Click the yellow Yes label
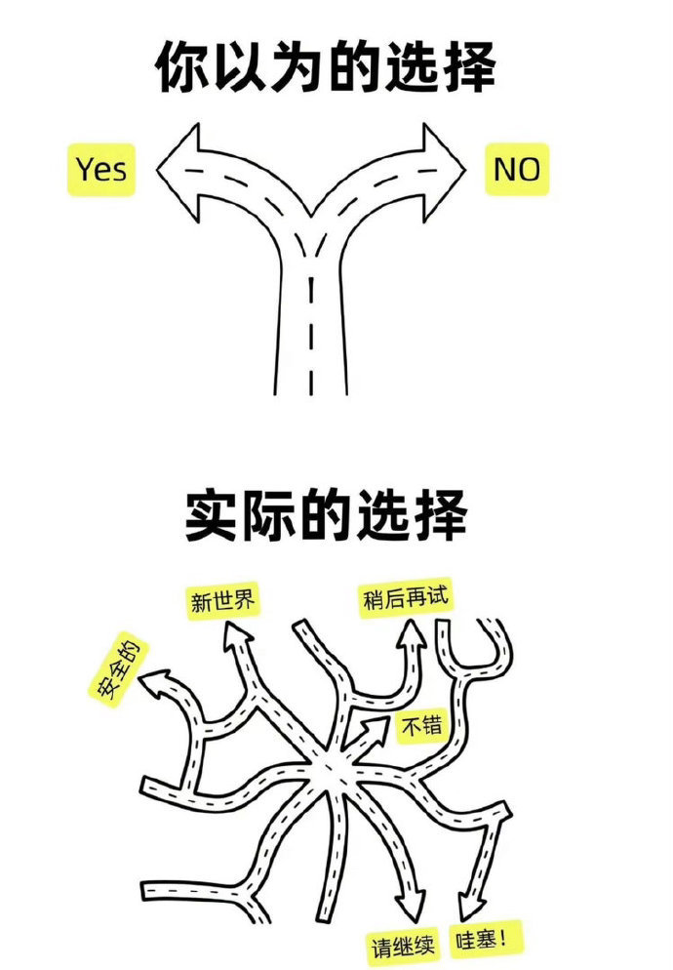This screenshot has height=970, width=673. [100, 170]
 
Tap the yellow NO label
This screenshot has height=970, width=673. [517, 170]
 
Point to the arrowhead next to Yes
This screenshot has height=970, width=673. [178, 172]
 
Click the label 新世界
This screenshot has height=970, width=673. [222, 600]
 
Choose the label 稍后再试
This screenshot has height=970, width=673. [405, 597]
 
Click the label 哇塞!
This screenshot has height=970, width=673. [485, 940]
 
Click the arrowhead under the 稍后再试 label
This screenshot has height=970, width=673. [411, 635]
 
